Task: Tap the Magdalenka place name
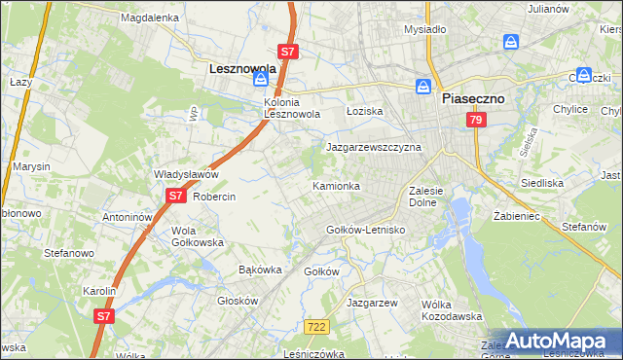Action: coord(149,18)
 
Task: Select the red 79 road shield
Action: coord(475,120)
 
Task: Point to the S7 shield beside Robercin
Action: coord(174,196)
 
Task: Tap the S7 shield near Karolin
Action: coord(104,315)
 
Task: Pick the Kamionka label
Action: coord(336,185)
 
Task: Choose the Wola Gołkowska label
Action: coord(198,236)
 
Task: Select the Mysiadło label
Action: coord(424,29)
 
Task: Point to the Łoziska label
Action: coord(365,112)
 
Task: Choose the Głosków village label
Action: coord(238,301)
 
